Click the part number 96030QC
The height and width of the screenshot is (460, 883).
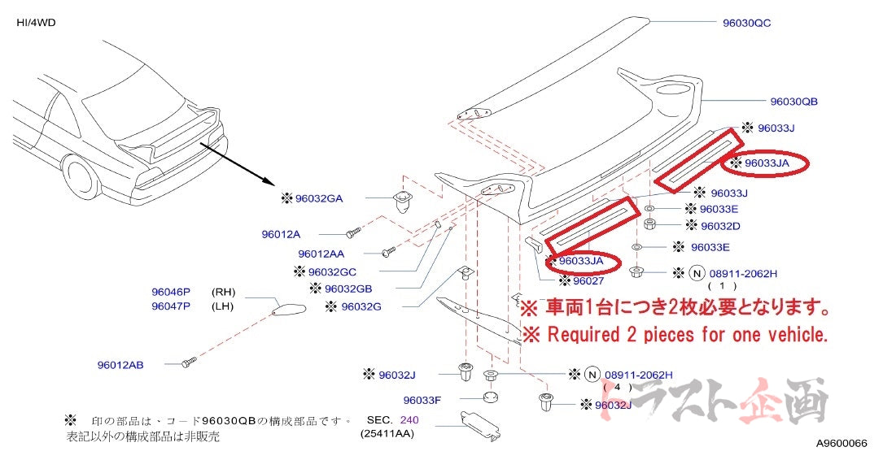click(x=746, y=23)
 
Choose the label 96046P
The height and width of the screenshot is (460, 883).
click(x=170, y=291)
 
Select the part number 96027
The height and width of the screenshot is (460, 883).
click(x=588, y=281)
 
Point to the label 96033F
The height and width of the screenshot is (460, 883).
click(x=422, y=400)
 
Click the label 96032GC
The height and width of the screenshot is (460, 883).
click(x=333, y=271)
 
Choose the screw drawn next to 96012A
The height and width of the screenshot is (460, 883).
click(x=352, y=233)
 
